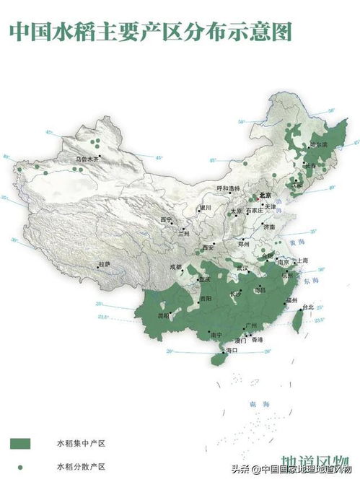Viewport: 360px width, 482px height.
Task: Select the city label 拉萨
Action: point(105,264)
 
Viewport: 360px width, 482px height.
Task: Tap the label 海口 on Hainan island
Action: point(232,350)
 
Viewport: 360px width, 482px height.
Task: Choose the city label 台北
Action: point(308,307)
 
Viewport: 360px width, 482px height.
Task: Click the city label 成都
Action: point(176,266)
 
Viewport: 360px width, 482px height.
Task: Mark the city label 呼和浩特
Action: point(228,188)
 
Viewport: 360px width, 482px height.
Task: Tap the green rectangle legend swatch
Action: point(20,442)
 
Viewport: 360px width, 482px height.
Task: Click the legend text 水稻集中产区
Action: point(75,442)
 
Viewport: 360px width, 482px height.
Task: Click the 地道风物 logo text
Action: point(317,462)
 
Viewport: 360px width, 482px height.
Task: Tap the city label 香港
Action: point(255,339)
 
